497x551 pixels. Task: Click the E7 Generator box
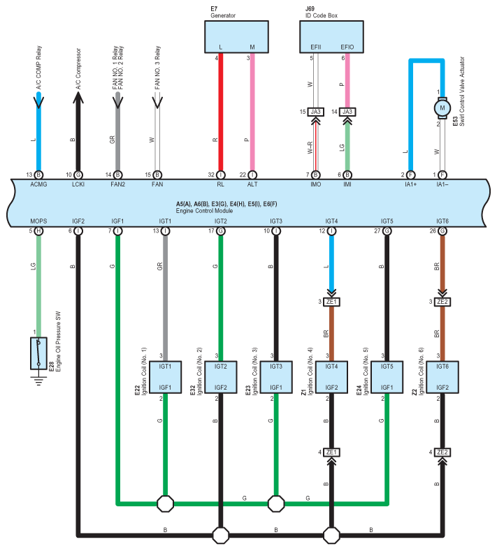236,37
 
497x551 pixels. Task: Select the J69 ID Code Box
331,37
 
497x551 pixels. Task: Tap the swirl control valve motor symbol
442,108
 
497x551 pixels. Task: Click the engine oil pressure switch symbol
38,353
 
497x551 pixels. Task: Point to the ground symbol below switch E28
38,381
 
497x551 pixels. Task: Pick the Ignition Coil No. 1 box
165,377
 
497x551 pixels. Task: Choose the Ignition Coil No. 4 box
331,377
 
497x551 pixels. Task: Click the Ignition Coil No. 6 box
442,377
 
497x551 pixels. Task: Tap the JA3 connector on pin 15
315,112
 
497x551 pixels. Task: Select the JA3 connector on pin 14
347,112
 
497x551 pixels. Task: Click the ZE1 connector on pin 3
331,302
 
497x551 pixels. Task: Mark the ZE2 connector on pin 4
442,453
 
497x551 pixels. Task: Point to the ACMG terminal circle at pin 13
38,175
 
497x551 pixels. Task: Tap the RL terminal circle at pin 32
220,175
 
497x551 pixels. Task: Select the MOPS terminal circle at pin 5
38,231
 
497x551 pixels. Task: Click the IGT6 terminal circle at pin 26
442,231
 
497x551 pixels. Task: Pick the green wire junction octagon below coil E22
165,504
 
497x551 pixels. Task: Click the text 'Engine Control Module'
204,211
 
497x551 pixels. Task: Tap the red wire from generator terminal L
220,112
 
